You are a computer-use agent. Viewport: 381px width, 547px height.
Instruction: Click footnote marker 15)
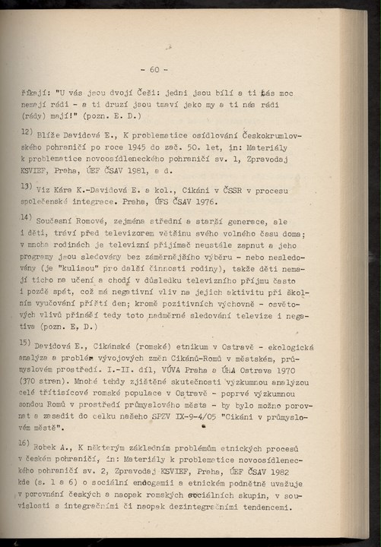(x=27, y=343)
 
